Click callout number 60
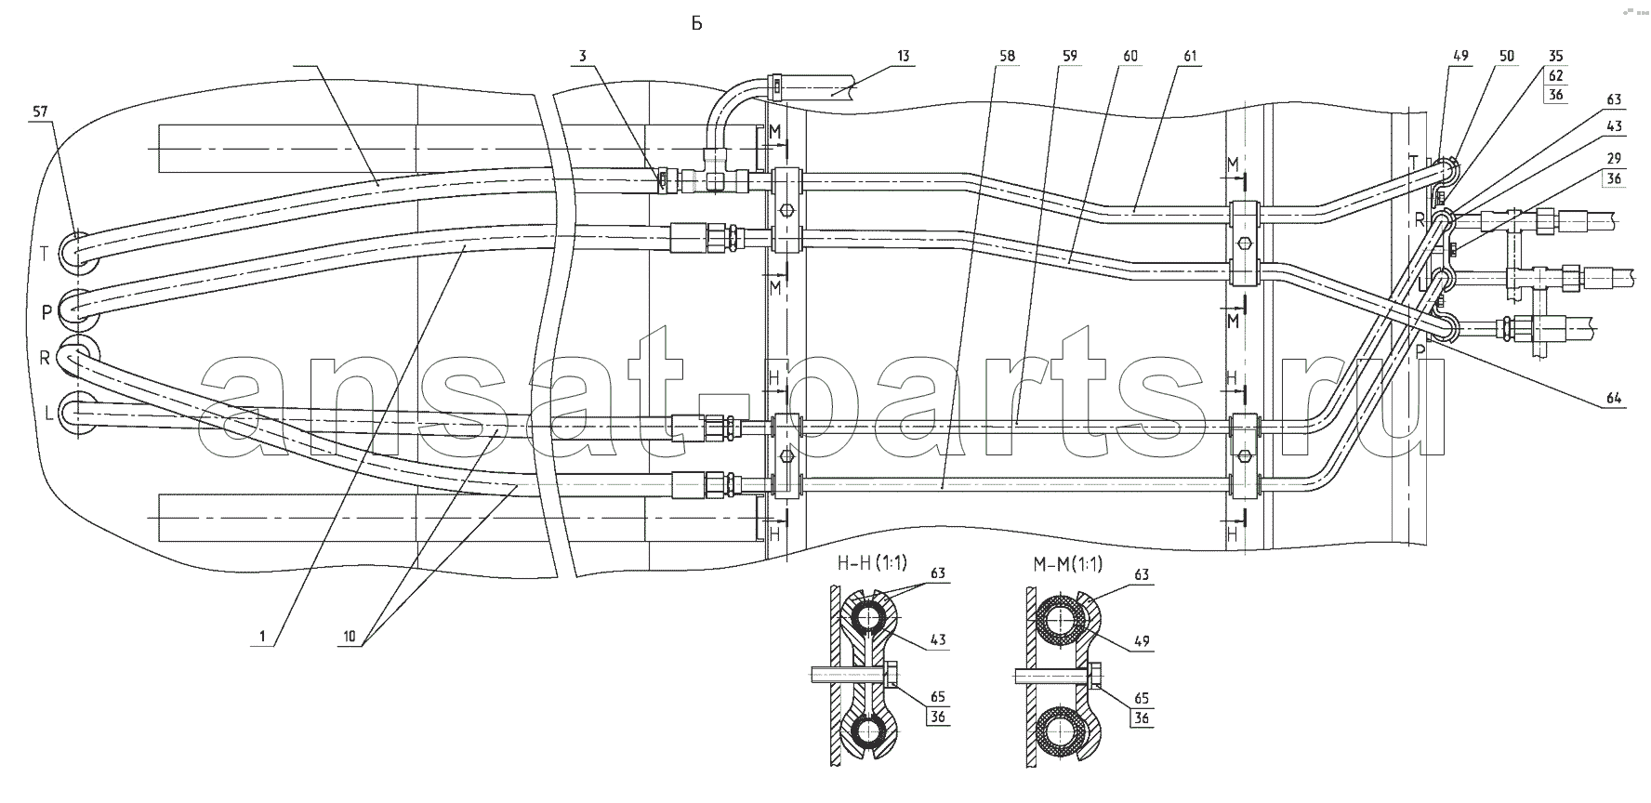1129,57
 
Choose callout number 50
1507,57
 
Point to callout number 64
1613,398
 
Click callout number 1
263,637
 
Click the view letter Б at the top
696,24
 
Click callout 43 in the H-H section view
938,640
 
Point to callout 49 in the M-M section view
1142,640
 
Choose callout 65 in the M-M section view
1142,698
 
